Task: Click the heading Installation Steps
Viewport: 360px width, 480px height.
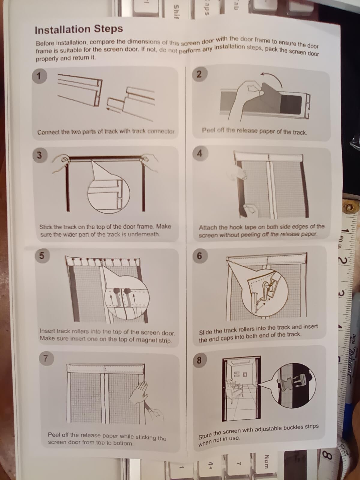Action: [x=79, y=29]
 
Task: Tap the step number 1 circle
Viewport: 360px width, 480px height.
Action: [x=39, y=76]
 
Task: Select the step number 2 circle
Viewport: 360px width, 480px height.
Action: [x=199, y=75]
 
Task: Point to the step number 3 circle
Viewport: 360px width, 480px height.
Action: [x=40, y=155]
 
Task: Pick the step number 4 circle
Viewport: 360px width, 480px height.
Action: [x=199, y=154]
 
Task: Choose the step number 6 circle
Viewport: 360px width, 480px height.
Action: [x=199, y=256]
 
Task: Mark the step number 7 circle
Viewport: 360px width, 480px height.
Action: [x=46, y=358]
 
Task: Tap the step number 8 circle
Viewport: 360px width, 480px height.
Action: [x=199, y=360]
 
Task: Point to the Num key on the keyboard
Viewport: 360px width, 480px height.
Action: [x=266, y=461]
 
